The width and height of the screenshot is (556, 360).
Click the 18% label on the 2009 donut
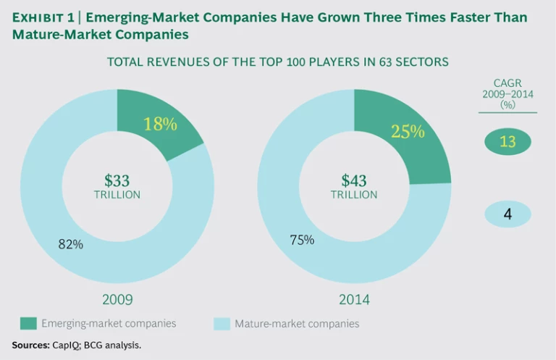pyautogui.click(x=160, y=124)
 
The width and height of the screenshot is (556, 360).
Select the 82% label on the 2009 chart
pyautogui.click(x=71, y=245)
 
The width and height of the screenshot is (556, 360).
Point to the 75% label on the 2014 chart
pyautogui.click(x=302, y=240)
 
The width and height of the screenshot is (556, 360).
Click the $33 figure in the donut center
pyautogui.click(x=117, y=180)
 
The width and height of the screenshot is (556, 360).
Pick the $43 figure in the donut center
pyautogui.click(x=354, y=180)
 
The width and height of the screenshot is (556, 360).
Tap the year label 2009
pyautogui.click(x=117, y=299)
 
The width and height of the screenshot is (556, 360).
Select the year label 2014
pyautogui.click(x=354, y=299)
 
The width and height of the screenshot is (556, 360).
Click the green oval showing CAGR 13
pyautogui.click(x=507, y=141)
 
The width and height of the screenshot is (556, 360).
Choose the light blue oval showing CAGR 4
pyautogui.click(x=507, y=214)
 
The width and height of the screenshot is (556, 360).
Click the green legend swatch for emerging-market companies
pyautogui.click(x=28, y=324)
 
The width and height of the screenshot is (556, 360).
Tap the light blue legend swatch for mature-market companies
pyautogui.click(x=221, y=324)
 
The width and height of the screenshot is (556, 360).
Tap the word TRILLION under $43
pyautogui.click(x=354, y=195)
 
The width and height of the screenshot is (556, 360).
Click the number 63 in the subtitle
pyautogui.click(x=376, y=62)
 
